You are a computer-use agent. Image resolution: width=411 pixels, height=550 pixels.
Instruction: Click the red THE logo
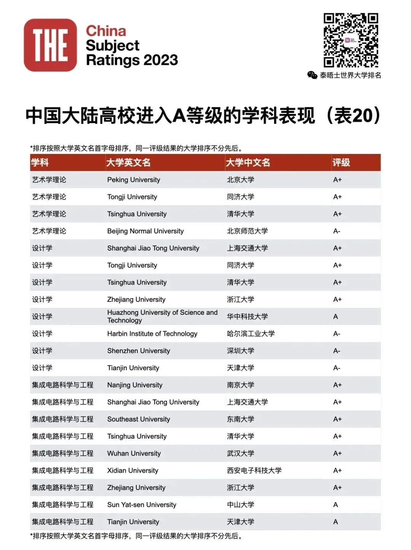(x=50, y=45)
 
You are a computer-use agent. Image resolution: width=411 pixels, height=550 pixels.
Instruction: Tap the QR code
(x=350, y=40)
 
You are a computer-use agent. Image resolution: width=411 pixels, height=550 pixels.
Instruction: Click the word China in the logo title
(x=106, y=31)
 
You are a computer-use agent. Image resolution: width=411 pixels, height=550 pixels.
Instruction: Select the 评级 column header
(x=341, y=163)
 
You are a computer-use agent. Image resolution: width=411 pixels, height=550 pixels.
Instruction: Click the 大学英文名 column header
(x=128, y=163)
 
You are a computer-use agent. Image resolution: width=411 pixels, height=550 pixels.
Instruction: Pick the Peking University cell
(x=134, y=180)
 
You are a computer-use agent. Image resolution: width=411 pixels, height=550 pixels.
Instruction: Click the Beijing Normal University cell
(x=145, y=231)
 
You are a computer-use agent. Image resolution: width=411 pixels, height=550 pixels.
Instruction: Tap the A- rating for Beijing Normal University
(x=337, y=231)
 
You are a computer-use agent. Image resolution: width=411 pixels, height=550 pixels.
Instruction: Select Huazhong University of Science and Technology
(x=162, y=316)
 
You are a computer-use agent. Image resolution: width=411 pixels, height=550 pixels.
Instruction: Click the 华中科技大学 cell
(x=247, y=317)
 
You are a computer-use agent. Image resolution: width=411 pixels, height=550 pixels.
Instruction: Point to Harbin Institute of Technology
(x=152, y=334)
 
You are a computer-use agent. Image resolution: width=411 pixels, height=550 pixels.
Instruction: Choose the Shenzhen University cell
(x=139, y=351)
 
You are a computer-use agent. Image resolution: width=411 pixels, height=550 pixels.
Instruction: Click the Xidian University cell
(x=132, y=471)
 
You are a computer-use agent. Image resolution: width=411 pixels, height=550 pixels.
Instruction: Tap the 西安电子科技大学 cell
(x=254, y=471)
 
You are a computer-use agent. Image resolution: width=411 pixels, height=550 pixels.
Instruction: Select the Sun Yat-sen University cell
(x=142, y=505)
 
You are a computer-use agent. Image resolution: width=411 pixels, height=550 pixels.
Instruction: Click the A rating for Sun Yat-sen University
(x=336, y=505)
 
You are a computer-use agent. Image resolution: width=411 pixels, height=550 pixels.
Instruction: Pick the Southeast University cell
(x=139, y=419)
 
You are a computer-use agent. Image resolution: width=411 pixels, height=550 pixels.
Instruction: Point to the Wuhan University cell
(x=134, y=453)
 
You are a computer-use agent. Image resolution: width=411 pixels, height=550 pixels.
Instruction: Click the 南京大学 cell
(x=241, y=385)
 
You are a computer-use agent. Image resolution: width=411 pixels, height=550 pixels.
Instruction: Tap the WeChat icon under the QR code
(x=312, y=75)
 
